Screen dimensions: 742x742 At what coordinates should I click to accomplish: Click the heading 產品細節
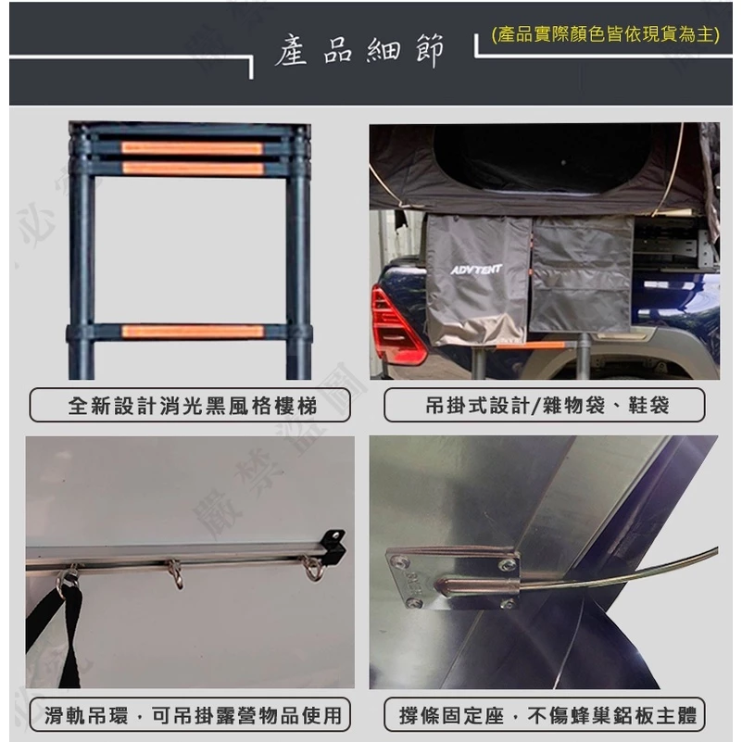(359, 50)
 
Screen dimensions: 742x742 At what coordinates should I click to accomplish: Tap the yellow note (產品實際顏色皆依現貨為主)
(605, 34)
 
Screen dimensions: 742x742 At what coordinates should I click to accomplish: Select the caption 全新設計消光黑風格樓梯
(192, 406)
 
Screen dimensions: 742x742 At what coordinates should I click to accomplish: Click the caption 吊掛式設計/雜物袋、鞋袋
(547, 405)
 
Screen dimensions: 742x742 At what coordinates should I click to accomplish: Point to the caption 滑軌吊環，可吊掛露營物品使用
(193, 715)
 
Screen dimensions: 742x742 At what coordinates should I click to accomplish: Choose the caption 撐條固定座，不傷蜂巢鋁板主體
(547, 715)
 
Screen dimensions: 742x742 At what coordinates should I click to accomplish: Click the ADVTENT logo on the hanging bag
(476, 270)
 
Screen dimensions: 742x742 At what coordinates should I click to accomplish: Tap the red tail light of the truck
(396, 326)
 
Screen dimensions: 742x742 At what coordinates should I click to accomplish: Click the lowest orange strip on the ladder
(192, 332)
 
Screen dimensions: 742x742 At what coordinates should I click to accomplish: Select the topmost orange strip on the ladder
(192, 148)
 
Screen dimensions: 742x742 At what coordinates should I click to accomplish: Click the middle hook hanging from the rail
(176, 573)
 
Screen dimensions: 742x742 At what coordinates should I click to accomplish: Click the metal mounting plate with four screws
(452, 579)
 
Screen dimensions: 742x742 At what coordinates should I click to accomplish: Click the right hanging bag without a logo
(581, 273)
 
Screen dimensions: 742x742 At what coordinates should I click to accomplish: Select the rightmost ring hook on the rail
(313, 569)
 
